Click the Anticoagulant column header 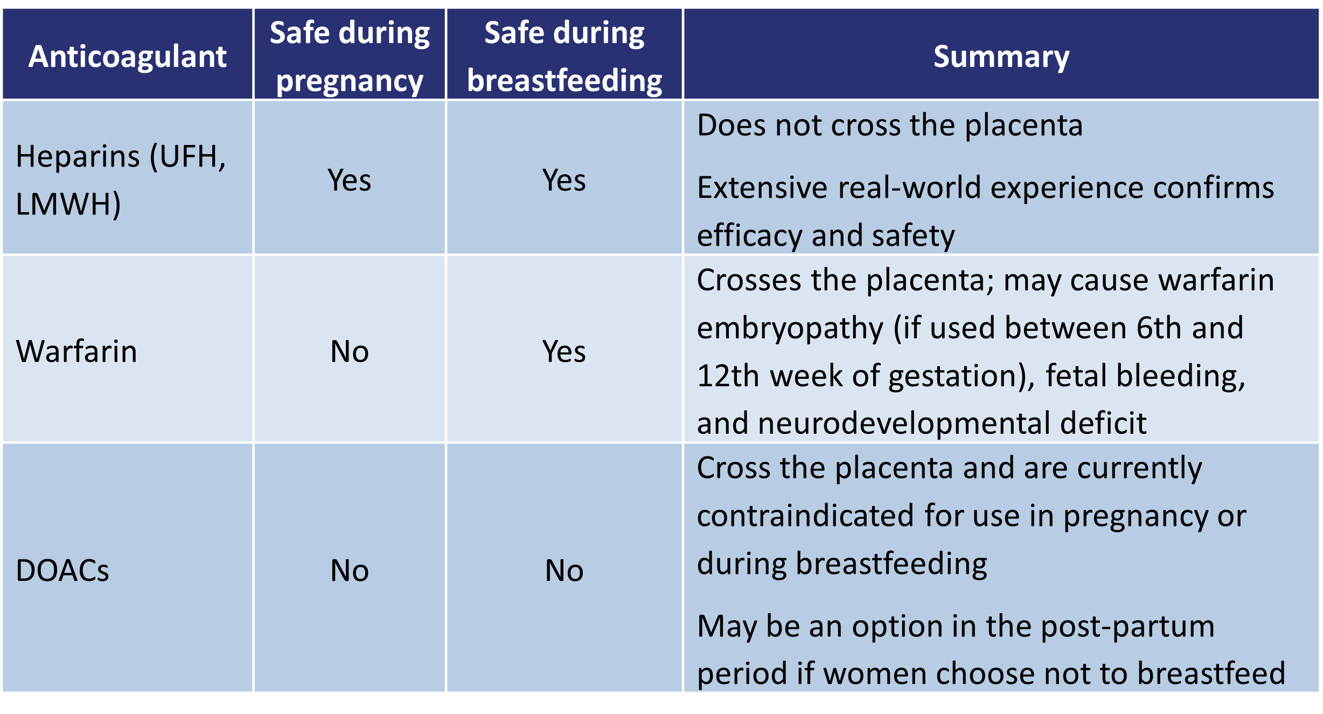(128, 57)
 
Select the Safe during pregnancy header (350, 57)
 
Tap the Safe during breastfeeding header (564, 57)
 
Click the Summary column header (1001, 57)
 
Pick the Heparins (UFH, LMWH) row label (121, 180)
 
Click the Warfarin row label (76, 351)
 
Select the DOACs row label (62, 570)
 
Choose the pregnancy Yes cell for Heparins (350, 180)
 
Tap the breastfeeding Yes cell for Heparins (564, 180)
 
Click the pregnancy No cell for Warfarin (350, 351)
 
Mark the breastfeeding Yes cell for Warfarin (564, 351)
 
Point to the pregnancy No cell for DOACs (350, 570)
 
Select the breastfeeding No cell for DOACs (564, 570)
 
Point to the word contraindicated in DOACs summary (805, 516)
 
